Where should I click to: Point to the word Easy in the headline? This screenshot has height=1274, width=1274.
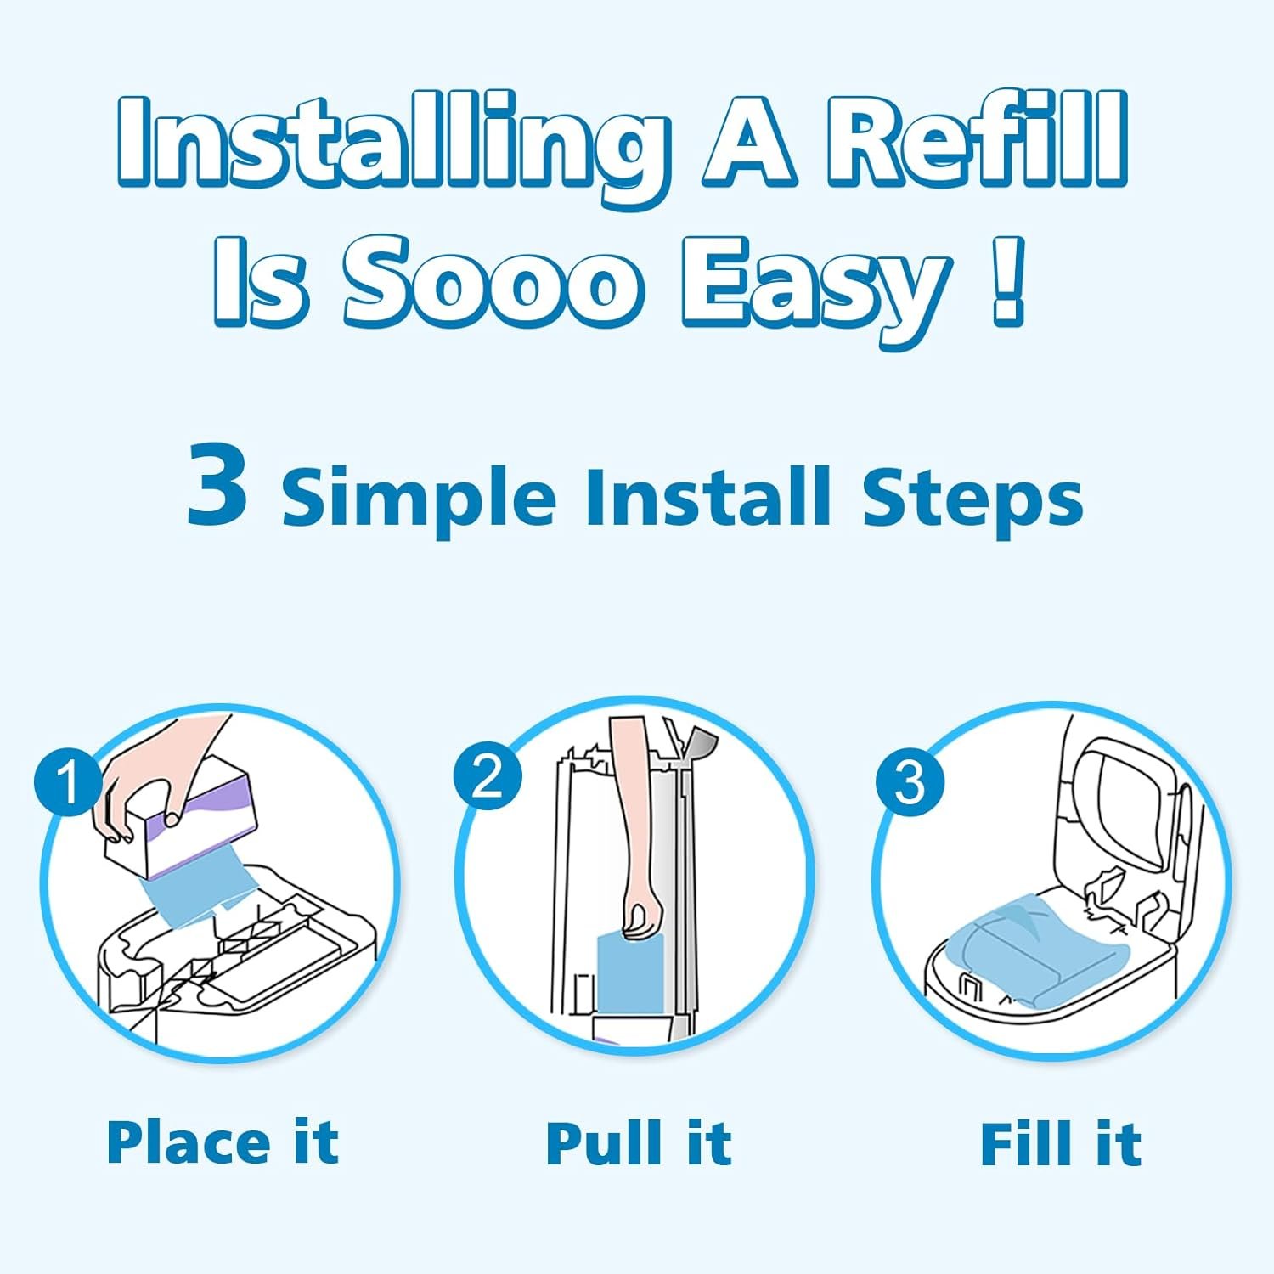815,290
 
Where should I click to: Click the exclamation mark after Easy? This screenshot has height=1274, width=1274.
1008,281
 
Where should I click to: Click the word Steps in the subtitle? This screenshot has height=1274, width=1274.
973,498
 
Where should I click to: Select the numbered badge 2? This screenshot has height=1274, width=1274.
487,775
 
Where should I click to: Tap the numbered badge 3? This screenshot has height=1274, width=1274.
910,781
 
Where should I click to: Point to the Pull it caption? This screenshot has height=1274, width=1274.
639,1143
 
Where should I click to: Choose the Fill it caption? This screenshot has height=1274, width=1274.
1061,1143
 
